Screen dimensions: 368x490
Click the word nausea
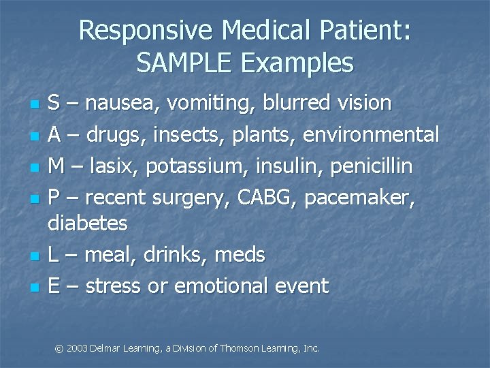[109, 104]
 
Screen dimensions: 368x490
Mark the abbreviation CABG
[266, 198]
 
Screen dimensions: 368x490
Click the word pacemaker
[359, 198]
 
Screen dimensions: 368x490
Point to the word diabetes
[88, 223]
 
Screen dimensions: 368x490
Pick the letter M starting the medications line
[57, 166]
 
